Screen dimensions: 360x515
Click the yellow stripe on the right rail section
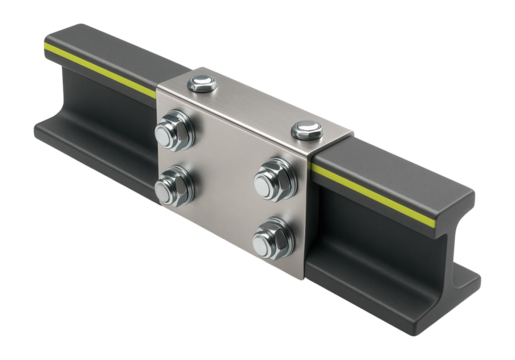[x=400, y=191]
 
